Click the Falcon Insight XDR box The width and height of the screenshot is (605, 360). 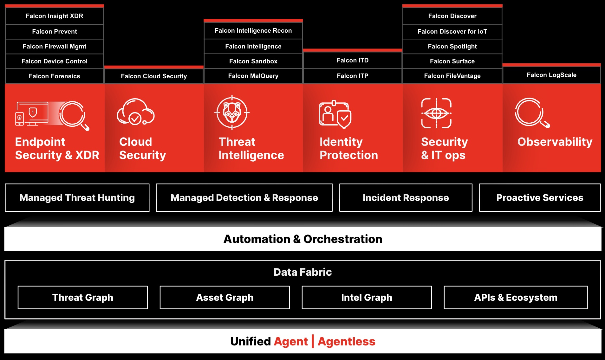click(55, 16)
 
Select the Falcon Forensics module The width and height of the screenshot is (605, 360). click(55, 76)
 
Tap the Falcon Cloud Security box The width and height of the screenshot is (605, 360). click(154, 76)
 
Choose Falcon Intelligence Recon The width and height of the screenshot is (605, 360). click(253, 31)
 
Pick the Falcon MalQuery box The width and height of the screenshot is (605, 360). click(253, 76)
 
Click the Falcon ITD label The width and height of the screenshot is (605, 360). click(353, 60)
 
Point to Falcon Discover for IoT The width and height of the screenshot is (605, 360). click(452, 31)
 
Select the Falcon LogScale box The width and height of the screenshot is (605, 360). click(552, 75)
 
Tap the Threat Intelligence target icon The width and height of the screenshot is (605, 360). click(232, 113)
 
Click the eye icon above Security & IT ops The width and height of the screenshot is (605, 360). click(436, 113)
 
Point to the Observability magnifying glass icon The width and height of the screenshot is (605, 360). click(532, 113)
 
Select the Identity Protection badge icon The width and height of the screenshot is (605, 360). click(335, 114)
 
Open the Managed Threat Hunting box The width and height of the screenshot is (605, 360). click(77, 197)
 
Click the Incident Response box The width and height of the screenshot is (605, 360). click(406, 197)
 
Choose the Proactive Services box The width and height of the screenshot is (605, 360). click(540, 197)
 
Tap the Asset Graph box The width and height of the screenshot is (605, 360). click(225, 298)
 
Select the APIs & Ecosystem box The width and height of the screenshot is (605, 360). click(516, 298)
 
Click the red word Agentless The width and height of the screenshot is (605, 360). click(347, 342)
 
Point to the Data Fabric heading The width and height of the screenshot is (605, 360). click(302, 272)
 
